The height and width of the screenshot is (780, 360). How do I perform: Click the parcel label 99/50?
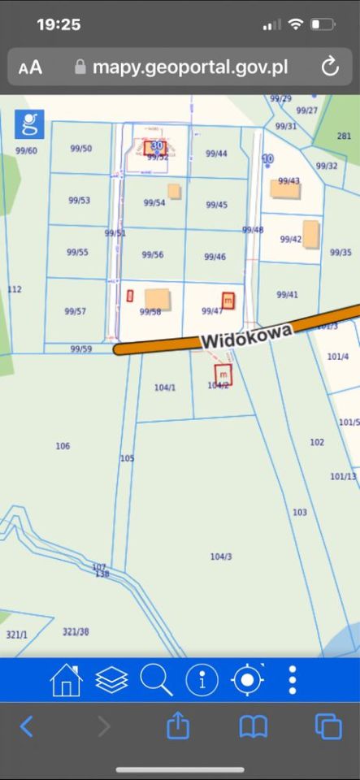tap(80, 149)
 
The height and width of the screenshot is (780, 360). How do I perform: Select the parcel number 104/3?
tap(221, 557)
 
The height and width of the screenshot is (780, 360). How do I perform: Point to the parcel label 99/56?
tap(153, 255)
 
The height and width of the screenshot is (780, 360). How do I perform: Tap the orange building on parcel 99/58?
tap(158, 298)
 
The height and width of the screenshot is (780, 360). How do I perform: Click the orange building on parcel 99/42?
tap(311, 233)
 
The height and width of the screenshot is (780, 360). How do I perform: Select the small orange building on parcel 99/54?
tap(174, 191)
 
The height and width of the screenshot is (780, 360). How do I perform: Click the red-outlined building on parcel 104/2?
tap(223, 374)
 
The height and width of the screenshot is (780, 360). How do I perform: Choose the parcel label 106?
tap(63, 446)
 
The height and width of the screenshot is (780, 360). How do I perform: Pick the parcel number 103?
tap(300, 513)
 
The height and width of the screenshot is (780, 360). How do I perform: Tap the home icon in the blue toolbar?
tap(66, 680)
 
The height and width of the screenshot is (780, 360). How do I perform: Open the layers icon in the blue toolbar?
tap(111, 680)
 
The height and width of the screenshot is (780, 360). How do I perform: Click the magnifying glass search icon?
tap(156, 680)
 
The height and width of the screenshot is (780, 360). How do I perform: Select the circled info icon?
tap(202, 680)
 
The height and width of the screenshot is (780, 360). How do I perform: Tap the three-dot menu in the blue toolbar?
tap(293, 680)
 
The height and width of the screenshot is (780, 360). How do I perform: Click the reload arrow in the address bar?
tap(330, 67)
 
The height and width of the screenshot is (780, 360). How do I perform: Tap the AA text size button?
tap(31, 67)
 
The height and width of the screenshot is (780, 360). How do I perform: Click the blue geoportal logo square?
tap(30, 124)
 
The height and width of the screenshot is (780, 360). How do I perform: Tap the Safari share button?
tap(178, 726)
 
